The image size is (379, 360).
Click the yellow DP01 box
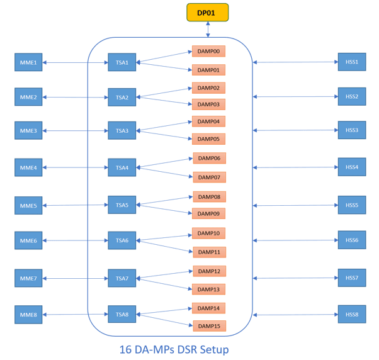click(x=207, y=12)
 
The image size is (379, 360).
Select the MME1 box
click(x=28, y=62)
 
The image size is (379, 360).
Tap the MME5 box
click(x=28, y=206)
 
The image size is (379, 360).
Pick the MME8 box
click(x=28, y=315)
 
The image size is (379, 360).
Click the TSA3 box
click(x=122, y=131)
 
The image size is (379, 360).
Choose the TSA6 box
click(x=122, y=240)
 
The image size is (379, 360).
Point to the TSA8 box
click(x=122, y=314)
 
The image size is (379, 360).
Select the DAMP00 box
click(x=208, y=52)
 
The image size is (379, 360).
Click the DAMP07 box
click(x=208, y=177)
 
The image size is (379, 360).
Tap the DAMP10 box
click(x=208, y=233)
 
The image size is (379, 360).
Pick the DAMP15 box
click(x=208, y=326)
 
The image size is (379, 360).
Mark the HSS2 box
click(x=351, y=97)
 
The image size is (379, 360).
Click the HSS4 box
click(x=351, y=167)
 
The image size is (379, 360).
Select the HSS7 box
click(x=351, y=278)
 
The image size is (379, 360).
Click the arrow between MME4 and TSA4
click(x=75, y=168)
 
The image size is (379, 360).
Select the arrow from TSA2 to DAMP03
click(x=164, y=101)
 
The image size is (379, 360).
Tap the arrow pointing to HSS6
click(x=296, y=240)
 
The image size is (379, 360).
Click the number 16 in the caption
click(x=126, y=349)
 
